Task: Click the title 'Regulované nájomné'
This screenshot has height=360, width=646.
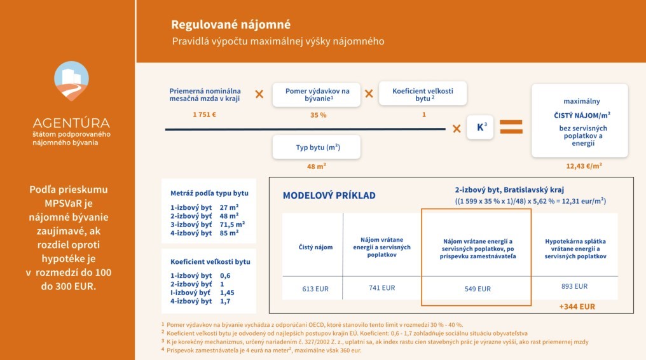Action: (230, 25)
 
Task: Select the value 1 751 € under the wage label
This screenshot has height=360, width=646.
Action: (205, 115)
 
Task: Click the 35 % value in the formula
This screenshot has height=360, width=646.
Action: (318, 115)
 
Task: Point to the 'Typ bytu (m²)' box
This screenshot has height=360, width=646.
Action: (317, 148)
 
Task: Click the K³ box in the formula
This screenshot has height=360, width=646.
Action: (481, 127)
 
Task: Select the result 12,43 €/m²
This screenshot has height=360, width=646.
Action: (584, 166)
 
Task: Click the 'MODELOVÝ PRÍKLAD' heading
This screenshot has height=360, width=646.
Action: (329, 195)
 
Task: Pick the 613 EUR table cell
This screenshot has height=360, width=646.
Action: (315, 289)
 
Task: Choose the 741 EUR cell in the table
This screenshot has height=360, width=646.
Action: (381, 288)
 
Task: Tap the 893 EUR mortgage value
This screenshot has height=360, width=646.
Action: (575, 286)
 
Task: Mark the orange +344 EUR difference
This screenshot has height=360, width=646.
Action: (577, 307)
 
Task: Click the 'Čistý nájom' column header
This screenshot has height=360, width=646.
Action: (315, 247)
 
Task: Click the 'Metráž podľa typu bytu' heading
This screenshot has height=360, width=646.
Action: (209, 193)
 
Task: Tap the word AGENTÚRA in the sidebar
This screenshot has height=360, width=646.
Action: (71, 123)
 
